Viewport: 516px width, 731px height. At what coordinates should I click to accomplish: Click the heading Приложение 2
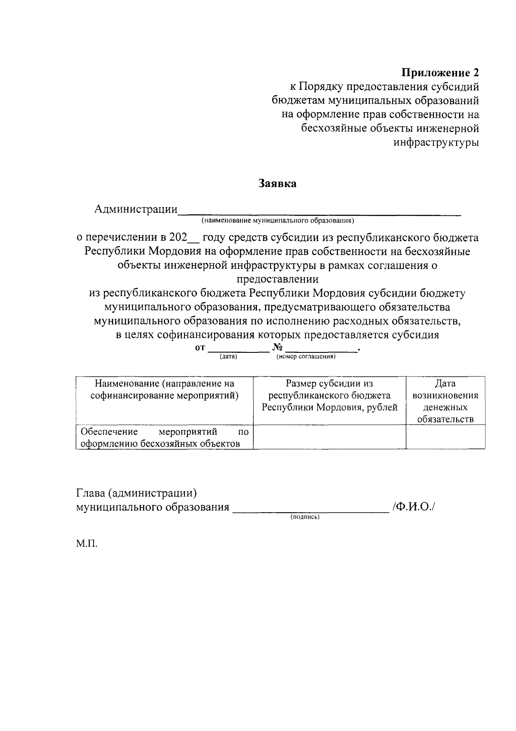point(440,72)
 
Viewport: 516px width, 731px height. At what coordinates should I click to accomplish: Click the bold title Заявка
point(277,184)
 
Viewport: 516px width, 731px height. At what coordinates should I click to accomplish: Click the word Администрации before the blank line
point(136,209)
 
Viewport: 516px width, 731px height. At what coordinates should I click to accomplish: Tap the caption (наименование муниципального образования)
point(277,221)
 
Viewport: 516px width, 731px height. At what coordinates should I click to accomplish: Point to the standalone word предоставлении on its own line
point(277,279)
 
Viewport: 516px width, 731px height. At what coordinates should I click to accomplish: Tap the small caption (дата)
point(228,357)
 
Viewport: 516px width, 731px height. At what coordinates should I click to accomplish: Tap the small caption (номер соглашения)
point(306,357)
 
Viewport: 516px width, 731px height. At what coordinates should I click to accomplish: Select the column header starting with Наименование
point(165,389)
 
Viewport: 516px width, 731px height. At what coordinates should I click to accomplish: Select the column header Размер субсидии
point(329,395)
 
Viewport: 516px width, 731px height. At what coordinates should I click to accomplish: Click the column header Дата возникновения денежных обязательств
point(445,401)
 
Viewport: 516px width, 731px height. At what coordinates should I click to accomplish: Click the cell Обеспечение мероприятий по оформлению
point(165,437)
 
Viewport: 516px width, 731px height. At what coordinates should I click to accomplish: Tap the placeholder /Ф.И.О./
point(413,507)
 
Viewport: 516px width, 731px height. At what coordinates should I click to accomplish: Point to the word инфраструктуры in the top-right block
point(436,142)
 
